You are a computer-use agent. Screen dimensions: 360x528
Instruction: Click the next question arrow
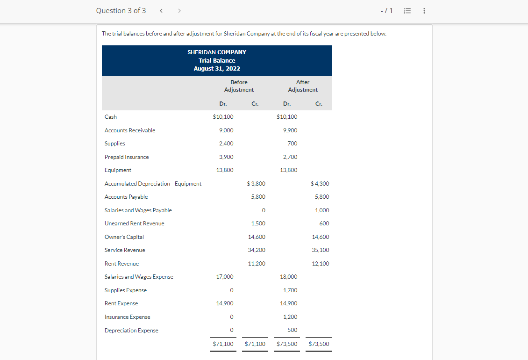click(179, 11)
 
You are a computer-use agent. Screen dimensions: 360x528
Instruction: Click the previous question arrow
click(161, 11)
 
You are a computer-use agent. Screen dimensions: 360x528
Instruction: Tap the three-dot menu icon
click(424, 11)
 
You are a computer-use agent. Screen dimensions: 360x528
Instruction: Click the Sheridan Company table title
click(217, 52)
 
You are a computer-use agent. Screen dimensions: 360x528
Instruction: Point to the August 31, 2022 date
click(217, 69)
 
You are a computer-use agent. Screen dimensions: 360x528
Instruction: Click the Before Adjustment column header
click(239, 86)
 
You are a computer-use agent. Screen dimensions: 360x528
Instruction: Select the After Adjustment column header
click(303, 86)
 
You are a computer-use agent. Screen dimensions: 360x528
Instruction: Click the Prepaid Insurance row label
click(127, 157)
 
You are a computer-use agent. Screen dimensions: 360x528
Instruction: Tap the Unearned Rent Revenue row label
click(135, 223)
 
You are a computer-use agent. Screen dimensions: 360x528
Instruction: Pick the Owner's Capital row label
click(124, 237)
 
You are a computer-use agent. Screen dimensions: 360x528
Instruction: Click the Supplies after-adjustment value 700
click(293, 144)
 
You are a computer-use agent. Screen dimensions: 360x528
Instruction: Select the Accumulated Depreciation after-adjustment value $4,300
click(320, 184)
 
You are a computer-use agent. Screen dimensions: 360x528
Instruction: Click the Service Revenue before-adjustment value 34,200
click(257, 250)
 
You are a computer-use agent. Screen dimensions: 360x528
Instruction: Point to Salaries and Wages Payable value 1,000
click(322, 210)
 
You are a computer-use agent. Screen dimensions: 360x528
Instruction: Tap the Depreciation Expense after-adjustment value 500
click(293, 330)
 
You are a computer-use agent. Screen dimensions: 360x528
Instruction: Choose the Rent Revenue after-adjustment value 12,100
click(321, 264)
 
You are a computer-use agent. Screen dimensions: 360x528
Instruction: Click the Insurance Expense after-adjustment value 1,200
click(290, 317)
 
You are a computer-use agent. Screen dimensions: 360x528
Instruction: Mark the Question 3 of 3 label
click(121, 11)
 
